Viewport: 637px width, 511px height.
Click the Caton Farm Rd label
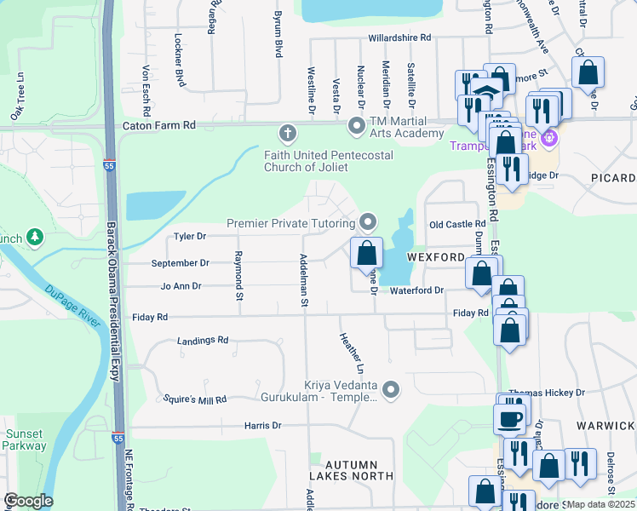point(159,125)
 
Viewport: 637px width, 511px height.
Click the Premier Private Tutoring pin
point(368,222)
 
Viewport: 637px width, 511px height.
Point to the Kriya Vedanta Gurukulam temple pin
point(391,390)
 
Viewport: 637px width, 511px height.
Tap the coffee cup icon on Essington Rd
point(510,419)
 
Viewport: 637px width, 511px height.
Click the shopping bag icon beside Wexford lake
point(366,253)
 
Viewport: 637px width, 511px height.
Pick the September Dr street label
point(180,263)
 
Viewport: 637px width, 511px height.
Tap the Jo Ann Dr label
point(181,286)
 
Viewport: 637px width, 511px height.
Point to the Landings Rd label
point(203,341)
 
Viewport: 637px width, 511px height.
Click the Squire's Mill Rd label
point(196,399)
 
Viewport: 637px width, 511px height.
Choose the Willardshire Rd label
point(399,38)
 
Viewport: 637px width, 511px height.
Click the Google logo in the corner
point(28,501)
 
